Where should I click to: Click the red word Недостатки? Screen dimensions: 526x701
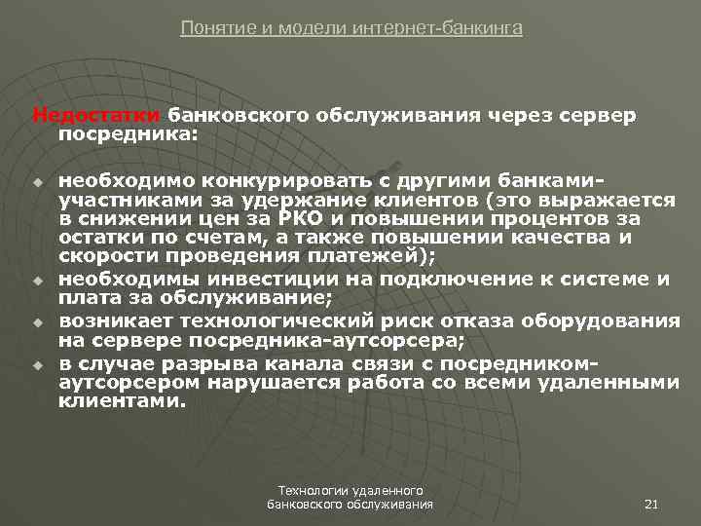coord(96,115)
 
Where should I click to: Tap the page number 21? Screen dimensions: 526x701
coord(653,505)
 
